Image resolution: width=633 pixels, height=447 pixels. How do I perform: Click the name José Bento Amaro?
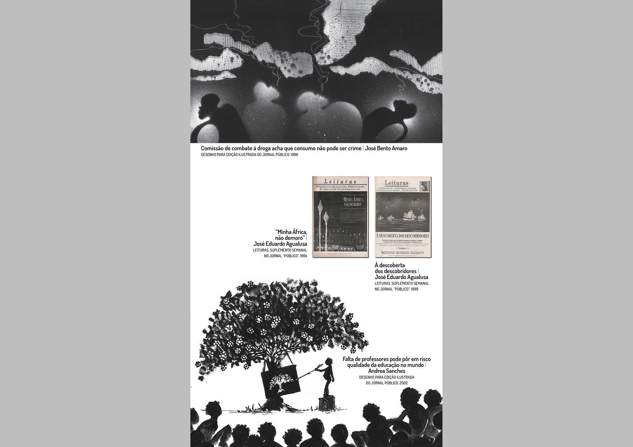tap(386, 148)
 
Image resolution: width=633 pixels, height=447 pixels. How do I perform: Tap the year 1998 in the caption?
tap(294, 155)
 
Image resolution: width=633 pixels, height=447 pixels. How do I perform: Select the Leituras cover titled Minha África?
tap(340, 217)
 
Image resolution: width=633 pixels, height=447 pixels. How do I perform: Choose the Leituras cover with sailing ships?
tap(403, 217)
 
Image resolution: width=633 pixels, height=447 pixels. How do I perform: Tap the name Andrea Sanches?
tap(387, 371)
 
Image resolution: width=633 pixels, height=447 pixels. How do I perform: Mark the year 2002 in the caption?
tap(403, 383)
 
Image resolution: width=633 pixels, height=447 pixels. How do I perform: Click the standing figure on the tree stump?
tap(329, 377)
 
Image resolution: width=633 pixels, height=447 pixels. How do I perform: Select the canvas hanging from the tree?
tap(281, 381)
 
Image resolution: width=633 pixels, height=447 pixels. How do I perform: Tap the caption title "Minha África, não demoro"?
tap(291, 235)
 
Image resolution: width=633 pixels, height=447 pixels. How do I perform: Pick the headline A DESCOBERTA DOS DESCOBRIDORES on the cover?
tap(403, 236)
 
